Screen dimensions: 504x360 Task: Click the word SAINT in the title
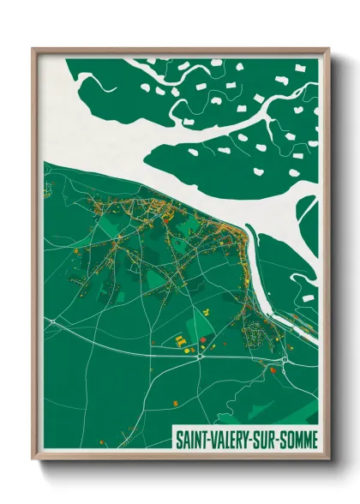click(191, 438)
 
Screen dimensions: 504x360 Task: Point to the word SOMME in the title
click(298, 438)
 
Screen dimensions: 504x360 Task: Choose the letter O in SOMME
click(291, 438)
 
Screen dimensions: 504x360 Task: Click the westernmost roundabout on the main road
click(52, 322)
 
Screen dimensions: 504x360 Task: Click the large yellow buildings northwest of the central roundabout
click(183, 341)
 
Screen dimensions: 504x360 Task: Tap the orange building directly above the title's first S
click(175, 402)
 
